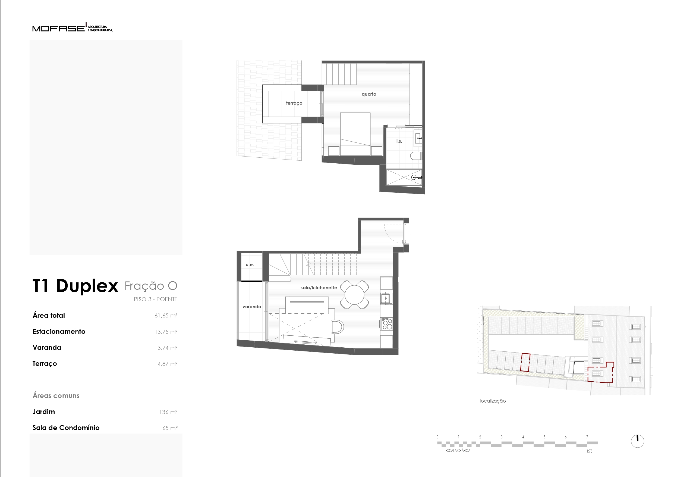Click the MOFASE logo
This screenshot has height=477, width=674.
pos(73,28)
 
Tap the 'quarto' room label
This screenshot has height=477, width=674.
pos(369,94)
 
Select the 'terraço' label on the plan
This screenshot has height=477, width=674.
pos(294,103)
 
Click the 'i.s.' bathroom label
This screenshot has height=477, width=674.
pos(399,141)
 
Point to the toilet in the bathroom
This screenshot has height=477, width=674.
pos(416,156)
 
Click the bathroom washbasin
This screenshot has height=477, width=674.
pos(418,138)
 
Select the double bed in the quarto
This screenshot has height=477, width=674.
pos(355,134)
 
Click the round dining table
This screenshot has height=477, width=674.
pos(354,295)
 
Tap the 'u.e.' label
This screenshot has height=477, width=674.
pos(250,264)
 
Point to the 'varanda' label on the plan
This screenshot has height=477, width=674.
pos(251,307)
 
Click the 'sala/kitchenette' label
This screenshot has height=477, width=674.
pos(319,288)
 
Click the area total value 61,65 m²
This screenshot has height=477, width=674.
pos(166,316)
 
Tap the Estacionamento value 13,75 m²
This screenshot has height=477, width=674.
pos(166,332)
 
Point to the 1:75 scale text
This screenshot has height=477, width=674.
pos(590,451)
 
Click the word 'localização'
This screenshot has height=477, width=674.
pos(493,401)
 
